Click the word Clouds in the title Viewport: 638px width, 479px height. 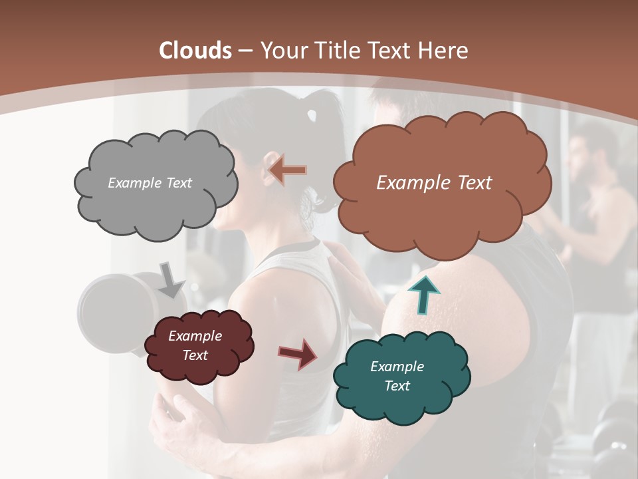click(x=195, y=51)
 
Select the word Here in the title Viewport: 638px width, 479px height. click(x=445, y=51)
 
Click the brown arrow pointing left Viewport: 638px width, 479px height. click(x=288, y=170)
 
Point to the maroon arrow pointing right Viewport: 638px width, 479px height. click(x=298, y=353)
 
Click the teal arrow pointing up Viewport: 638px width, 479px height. click(x=424, y=294)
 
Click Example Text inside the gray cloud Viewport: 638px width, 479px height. click(x=150, y=183)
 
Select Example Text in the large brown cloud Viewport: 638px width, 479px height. click(x=434, y=183)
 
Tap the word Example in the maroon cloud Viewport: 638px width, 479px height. click(x=195, y=336)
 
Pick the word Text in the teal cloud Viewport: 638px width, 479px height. click(x=397, y=386)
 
